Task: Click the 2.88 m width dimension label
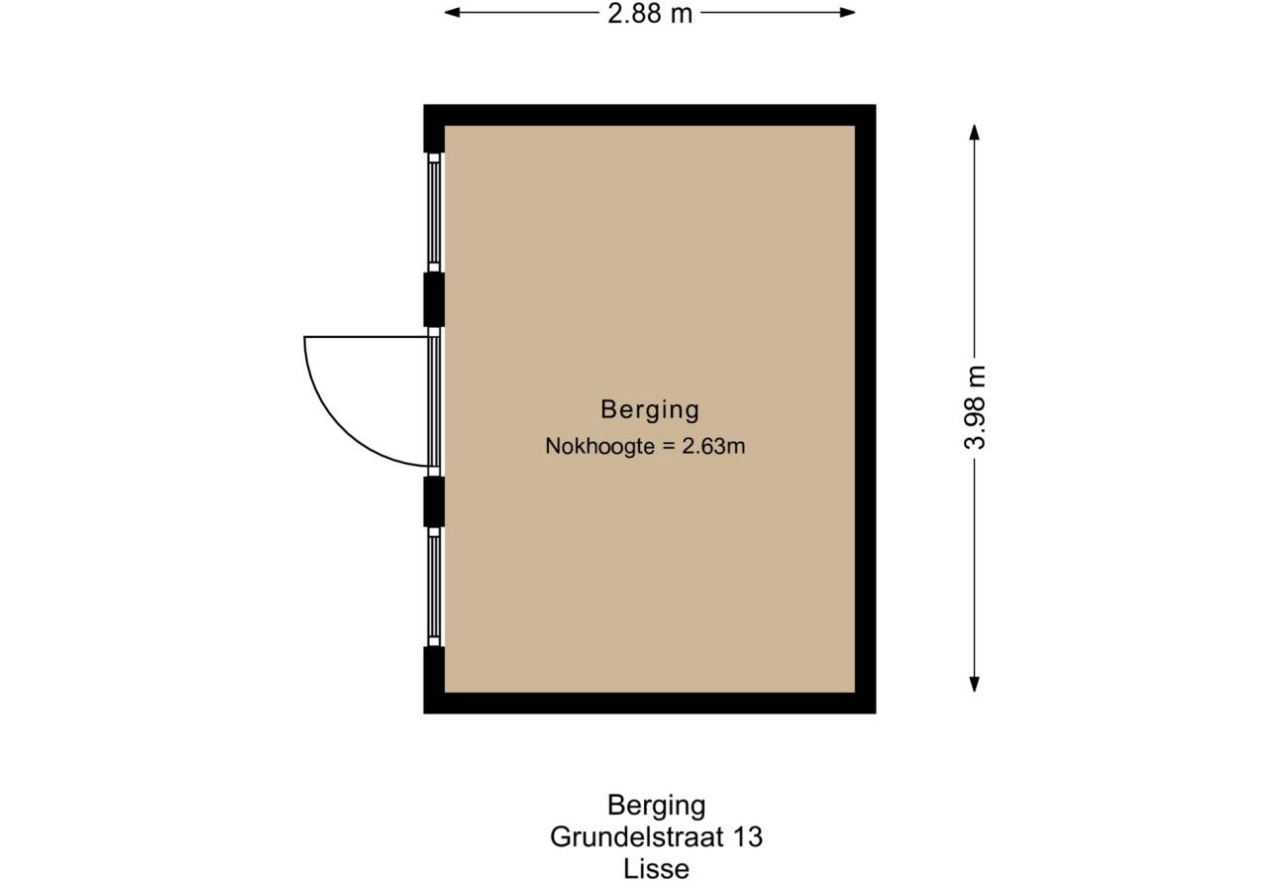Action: pos(650,14)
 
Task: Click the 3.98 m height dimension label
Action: pos(975,407)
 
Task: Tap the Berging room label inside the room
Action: pos(650,409)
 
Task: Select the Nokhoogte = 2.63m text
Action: pos(645,446)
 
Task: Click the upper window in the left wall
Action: pos(434,213)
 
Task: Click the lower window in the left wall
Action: pos(434,587)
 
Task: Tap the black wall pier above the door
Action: pos(434,299)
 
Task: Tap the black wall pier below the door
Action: pos(434,501)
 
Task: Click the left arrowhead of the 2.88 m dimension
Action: pos(452,13)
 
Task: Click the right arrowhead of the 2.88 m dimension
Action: pos(847,13)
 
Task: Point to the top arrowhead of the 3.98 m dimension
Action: pos(974,132)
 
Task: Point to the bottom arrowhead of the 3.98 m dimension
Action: pos(974,684)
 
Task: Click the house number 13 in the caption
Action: pos(747,837)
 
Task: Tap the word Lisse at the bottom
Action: pos(656,869)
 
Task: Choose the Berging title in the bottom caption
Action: pos(656,806)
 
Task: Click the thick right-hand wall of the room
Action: pos(865,409)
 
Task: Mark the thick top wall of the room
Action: pos(650,115)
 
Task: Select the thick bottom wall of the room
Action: pos(650,704)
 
